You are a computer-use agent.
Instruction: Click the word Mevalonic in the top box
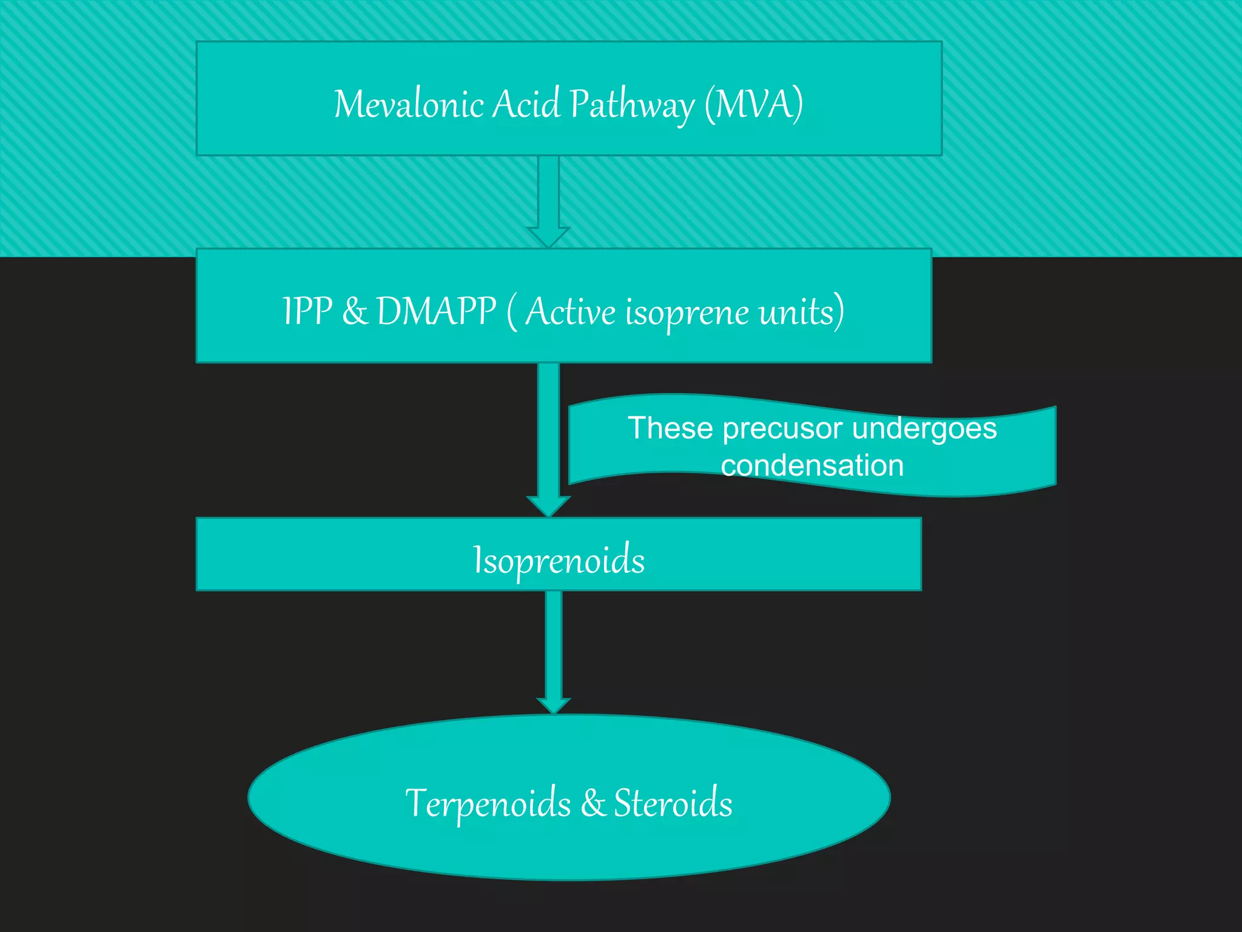click(x=408, y=104)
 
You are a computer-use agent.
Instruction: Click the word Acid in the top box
click(x=526, y=104)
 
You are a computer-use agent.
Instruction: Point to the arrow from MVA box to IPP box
click(x=548, y=200)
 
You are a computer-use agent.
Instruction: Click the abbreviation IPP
click(x=307, y=311)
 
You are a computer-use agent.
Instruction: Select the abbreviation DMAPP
click(x=436, y=311)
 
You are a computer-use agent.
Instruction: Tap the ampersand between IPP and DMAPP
click(x=355, y=311)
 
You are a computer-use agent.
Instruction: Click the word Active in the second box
click(x=570, y=311)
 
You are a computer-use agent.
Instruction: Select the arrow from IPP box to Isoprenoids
click(x=548, y=437)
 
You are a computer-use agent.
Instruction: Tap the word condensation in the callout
click(x=812, y=466)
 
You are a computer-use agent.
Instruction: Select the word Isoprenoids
click(x=559, y=560)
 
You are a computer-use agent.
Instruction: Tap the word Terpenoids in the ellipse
click(x=488, y=804)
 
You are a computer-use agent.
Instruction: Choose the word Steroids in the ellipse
click(x=673, y=803)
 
